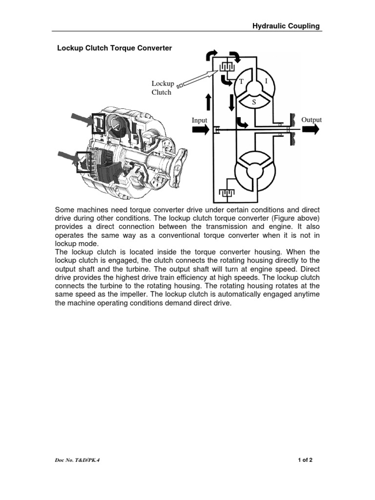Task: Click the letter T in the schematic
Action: pyautogui.click(x=241, y=83)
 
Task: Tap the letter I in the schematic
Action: pyautogui.click(x=267, y=83)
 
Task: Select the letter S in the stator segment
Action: pyautogui.click(x=254, y=103)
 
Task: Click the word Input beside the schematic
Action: pyautogui.click(x=199, y=120)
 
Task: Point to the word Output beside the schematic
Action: pyautogui.click(x=312, y=120)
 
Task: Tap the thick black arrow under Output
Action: pyautogui.click(x=310, y=129)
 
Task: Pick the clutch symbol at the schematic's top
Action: pyautogui.click(x=224, y=65)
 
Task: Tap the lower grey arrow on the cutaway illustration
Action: pyautogui.click(x=68, y=157)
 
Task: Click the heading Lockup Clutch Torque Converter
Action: pyautogui.click(x=115, y=48)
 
